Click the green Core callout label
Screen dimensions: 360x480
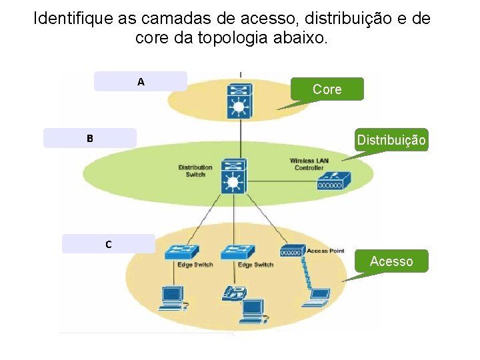coord(327,89)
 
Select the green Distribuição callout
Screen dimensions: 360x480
coord(391,140)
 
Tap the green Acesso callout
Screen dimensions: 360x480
coord(391,261)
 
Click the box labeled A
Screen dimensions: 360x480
coord(141,81)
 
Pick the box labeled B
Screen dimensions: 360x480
coord(89,138)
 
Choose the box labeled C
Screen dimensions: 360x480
coord(108,244)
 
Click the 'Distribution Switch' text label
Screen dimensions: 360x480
coord(195,171)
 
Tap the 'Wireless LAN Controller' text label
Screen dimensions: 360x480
coord(309,164)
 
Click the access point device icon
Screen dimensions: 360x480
coord(292,252)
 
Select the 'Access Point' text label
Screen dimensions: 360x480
coord(325,251)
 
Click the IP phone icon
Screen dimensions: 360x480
coord(235,293)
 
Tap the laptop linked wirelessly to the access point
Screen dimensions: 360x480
coord(319,295)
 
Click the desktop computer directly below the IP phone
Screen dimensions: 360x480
coord(253,309)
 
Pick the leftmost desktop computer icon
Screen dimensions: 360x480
coord(172,298)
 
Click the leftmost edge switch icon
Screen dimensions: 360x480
coord(182,251)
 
